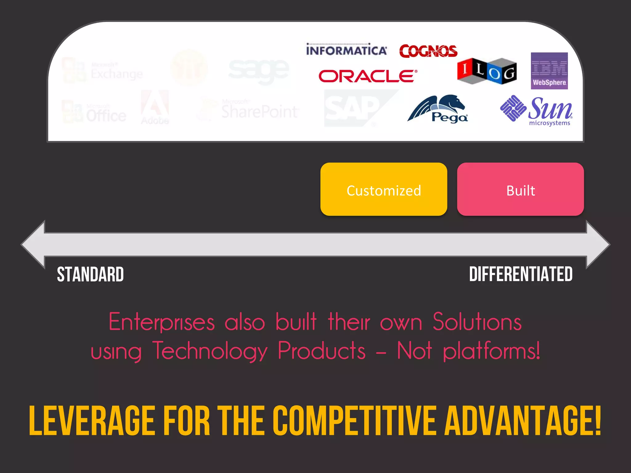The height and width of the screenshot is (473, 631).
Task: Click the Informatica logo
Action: pyautogui.click(x=346, y=50)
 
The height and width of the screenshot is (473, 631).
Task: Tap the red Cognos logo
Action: pyautogui.click(x=428, y=51)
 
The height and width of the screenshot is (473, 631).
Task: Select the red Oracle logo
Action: pyautogui.click(x=368, y=76)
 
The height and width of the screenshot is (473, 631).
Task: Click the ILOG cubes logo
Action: pyautogui.click(x=487, y=71)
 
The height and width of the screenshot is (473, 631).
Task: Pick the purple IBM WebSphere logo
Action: pyautogui.click(x=549, y=71)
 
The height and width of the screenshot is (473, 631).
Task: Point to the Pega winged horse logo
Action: pyautogui.click(x=438, y=109)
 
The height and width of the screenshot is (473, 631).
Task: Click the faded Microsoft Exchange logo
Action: pyautogui.click(x=103, y=71)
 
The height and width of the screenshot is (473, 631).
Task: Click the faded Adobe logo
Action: pyautogui.click(x=155, y=107)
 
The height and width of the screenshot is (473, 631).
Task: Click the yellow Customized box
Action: pyautogui.click(x=384, y=189)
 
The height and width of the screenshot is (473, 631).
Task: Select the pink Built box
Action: pyautogui.click(x=520, y=189)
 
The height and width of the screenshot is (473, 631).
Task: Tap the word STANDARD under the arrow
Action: pyautogui.click(x=90, y=274)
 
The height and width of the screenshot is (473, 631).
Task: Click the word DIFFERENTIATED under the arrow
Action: pyautogui.click(x=521, y=274)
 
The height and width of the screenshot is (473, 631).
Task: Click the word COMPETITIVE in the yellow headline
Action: pyautogui.click(x=354, y=421)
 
